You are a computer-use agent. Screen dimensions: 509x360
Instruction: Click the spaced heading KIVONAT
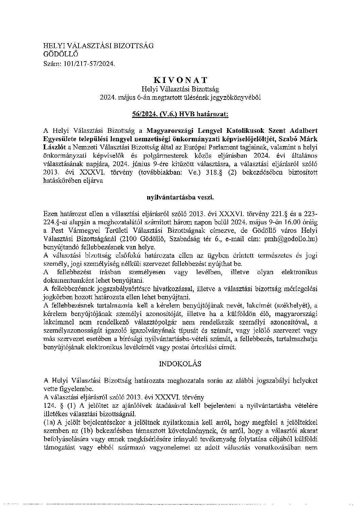180,80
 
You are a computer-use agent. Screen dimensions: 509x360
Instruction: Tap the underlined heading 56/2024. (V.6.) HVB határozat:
181,115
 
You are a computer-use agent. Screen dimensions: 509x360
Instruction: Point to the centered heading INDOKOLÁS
180,364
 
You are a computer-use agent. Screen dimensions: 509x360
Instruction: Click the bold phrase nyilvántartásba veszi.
180,197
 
